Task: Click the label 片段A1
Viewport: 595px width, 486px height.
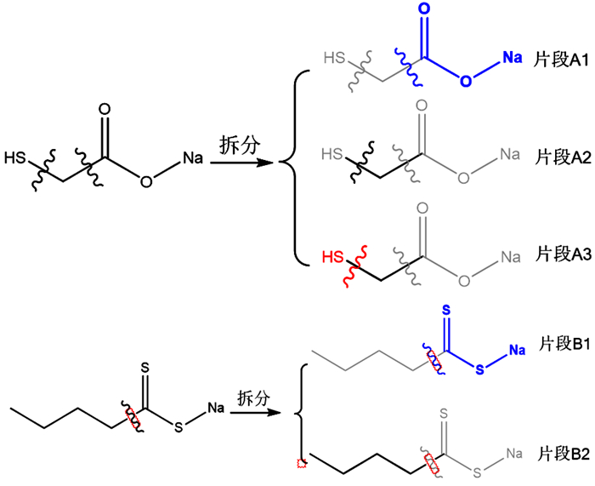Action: tap(558, 62)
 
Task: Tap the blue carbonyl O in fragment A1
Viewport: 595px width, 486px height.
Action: tap(422, 11)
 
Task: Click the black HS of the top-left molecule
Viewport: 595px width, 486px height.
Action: tap(14, 157)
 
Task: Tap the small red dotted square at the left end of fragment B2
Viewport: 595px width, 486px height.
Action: tap(300, 464)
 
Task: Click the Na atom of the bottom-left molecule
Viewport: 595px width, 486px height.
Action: tap(215, 409)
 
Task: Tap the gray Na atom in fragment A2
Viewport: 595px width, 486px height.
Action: tap(510, 154)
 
